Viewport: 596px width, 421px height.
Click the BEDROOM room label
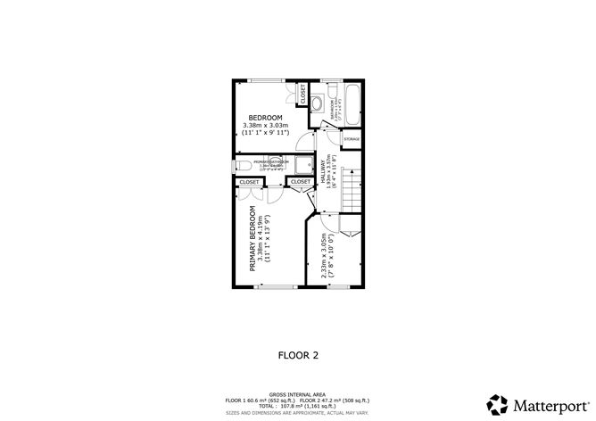pyautogui.click(x=265, y=119)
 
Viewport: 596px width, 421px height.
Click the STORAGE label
pyautogui.click(x=352, y=140)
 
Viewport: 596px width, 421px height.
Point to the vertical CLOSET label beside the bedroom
pyautogui.click(x=302, y=95)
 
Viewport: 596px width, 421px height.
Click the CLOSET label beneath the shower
pyautogui.click(x=301, y=182)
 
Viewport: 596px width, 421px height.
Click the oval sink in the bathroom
pyautogui.click(x=317, y=101)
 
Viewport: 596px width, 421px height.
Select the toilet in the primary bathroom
pyautogui.click(x=241, y=165)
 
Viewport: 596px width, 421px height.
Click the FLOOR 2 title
pyautogui.click(x=297, y=355)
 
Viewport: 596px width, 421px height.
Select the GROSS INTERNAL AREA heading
pyautogui.click(x=297, y=392)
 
